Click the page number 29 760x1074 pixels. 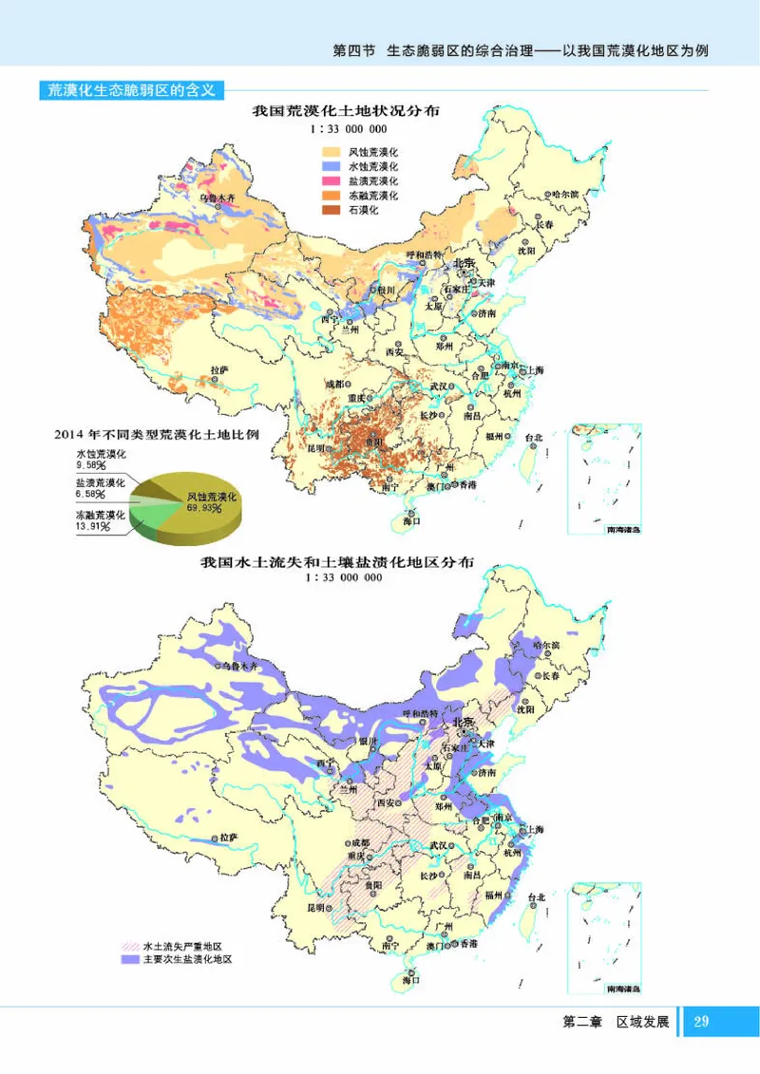point(702,1022)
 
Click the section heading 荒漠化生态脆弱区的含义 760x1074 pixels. point(133,91)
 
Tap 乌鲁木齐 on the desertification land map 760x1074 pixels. point(216,198)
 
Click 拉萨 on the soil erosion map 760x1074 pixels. point(226,838)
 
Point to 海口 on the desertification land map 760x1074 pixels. point(410,521)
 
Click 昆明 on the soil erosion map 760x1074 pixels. point(314,908)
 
